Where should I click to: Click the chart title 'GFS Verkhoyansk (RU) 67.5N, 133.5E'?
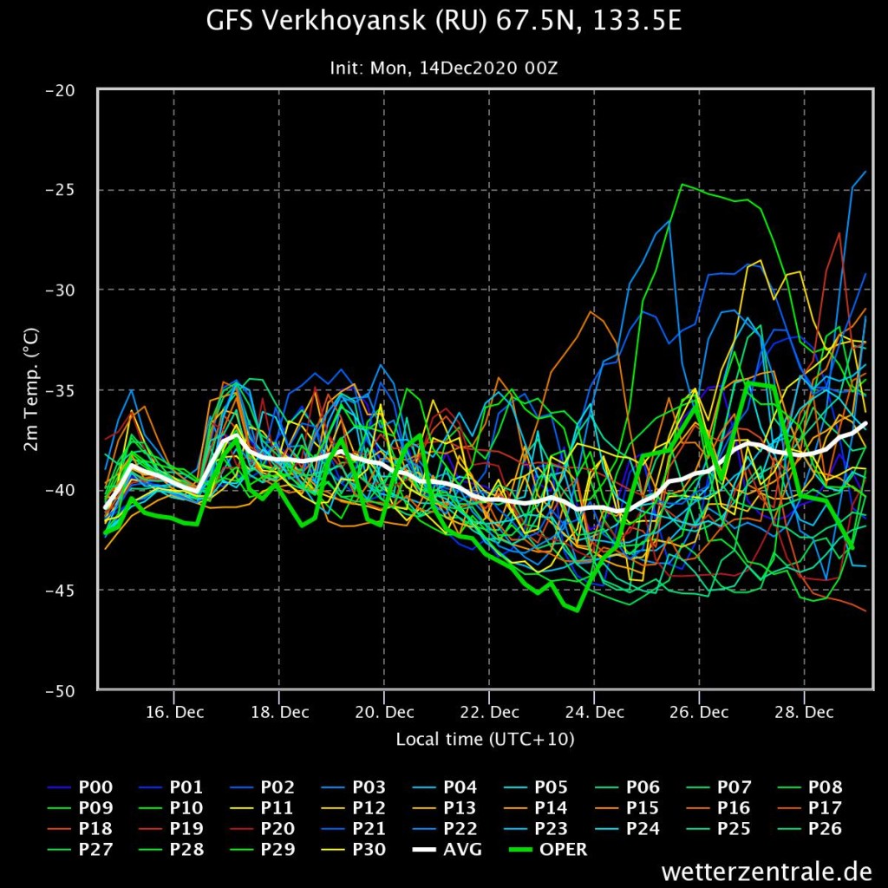[443, 21]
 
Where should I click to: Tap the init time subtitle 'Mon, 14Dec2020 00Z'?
[464, 69]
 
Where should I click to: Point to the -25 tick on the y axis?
[60, 190]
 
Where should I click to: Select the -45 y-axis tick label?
[60, 590]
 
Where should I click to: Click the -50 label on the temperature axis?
[60, 690]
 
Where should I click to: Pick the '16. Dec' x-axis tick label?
[174, 712]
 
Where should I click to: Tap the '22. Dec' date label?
[489, 712]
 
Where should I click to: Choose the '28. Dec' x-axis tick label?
[804, 712]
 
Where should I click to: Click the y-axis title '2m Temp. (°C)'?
[32, 389]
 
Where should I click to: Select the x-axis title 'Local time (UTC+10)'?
[485, 739]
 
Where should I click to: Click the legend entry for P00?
[80, 787]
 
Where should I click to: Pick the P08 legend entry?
[809, 787]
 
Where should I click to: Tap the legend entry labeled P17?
[809, 807]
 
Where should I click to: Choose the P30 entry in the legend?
[354, 849]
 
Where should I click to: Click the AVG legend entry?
[447, 849]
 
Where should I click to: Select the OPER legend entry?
[548, 849]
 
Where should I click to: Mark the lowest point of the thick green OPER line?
[577, 610]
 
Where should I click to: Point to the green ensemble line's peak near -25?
[682, 185]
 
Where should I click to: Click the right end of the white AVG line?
[866, 423]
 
